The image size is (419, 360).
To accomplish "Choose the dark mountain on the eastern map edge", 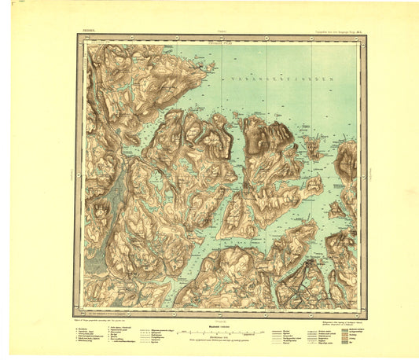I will tap(347, 161).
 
